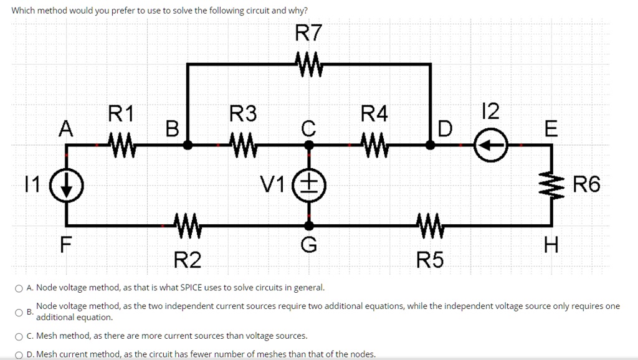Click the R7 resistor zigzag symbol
[x=309, y=64]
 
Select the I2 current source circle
[x=491, y=145]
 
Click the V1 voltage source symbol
[x=309, y=186]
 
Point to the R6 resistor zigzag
[x=552, y=185]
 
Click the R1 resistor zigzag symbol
[x=122, y=145]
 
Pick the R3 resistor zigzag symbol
[x=244, y=145]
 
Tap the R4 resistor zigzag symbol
[x=374, y=145]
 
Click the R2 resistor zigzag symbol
[x=188, y=225]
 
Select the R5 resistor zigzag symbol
[x=431, y=225]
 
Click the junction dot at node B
[x=188, y=145]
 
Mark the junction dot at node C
[x=309, y=145]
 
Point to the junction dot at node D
[x=431, y=145]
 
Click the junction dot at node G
[x=309, y=225]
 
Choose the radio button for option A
[x=19, y=288]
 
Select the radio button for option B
[x=19, y=313]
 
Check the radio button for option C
[x=19, y=336]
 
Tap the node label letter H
[x=552, y=245]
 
